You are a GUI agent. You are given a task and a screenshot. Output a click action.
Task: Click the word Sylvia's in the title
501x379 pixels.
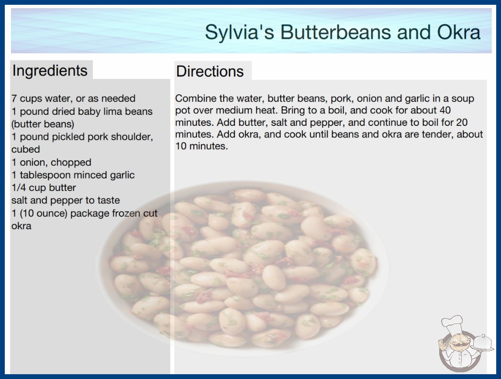tap(239, 32)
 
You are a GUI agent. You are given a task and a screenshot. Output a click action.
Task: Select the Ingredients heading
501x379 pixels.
tap(50, 71)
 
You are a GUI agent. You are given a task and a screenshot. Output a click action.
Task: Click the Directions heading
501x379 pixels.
tap(210, 71)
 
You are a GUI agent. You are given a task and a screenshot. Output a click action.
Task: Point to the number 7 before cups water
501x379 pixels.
tap(14, 99)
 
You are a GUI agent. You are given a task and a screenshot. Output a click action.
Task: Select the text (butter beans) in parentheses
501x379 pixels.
tap(43, 124)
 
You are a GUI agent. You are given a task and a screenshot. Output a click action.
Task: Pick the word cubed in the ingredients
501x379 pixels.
tap(25, 149)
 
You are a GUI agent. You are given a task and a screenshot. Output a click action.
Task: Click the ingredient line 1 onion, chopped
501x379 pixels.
tap(51, 162)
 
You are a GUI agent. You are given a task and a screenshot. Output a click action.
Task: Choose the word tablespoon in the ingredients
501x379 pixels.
tap(45, 175)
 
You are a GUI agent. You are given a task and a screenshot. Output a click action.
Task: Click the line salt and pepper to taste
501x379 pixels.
tap(66, 200)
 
